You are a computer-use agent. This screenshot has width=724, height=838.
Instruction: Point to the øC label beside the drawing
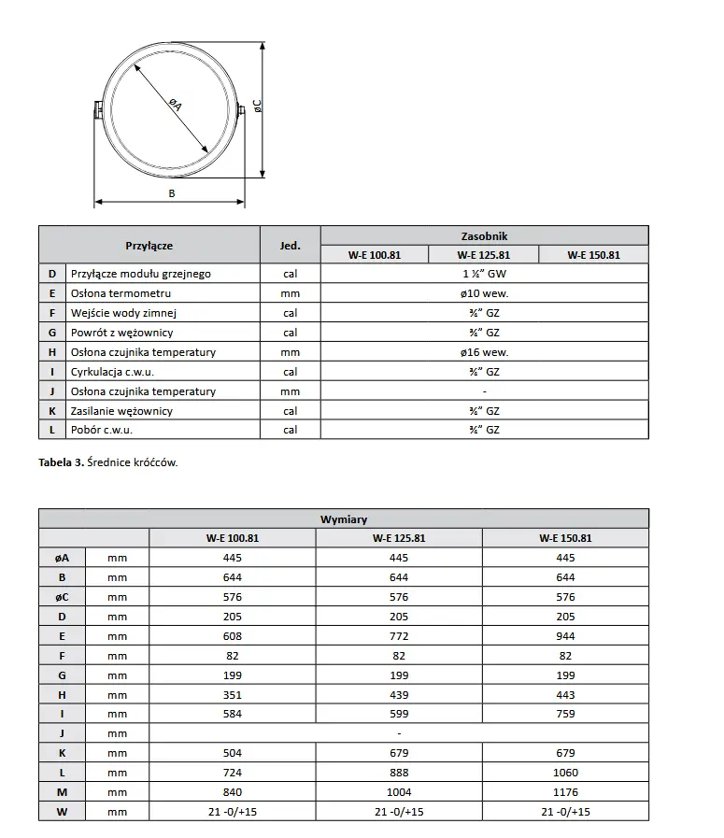coord(257,107)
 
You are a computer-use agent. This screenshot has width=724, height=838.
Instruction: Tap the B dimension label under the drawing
coord(171,193)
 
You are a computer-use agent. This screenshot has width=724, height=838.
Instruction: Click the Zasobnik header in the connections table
coord(484,236)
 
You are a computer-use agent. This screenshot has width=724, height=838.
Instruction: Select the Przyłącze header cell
coord(149,246)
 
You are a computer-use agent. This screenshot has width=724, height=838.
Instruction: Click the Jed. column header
coord(290,246)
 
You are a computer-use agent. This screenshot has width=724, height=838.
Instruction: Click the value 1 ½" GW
coord(484,274)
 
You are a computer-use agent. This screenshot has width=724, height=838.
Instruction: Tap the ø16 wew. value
coord(484,352)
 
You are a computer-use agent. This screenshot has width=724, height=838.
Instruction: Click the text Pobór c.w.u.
coord(101,430)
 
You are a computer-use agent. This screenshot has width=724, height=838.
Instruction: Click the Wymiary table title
coord(344,519)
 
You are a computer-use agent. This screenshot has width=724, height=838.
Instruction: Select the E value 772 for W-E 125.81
coord(399,636)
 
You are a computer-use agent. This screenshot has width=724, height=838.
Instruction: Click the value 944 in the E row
coord(565,636)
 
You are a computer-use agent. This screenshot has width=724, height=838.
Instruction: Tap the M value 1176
coord(565,792)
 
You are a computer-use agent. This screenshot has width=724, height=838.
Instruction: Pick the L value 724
coord(233,773)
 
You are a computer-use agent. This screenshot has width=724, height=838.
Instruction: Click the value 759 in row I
coord(565,715)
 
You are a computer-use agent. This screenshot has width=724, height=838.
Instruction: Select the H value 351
coord(233,695)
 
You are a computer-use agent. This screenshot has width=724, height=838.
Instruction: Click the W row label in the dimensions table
coord(62,812)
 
